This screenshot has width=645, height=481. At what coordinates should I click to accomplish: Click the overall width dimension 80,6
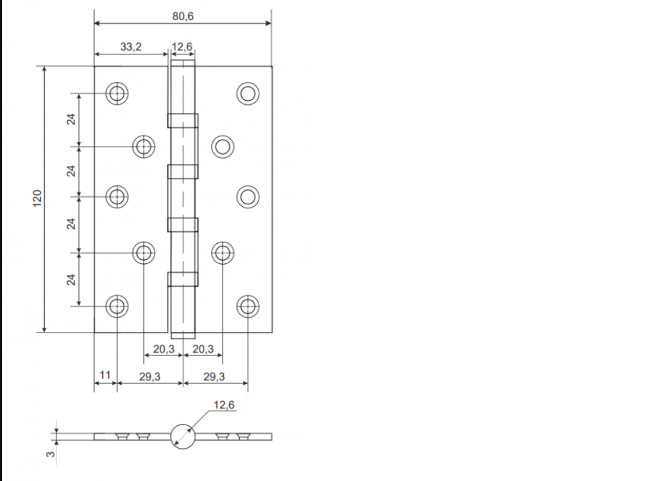[x=182, y=16]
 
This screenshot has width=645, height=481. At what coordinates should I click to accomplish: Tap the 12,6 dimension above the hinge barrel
[x=183, y=47]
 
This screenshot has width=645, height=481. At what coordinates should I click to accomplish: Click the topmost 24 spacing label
[x=71, y=120]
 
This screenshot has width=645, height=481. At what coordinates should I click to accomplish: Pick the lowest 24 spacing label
[x=71, y=279]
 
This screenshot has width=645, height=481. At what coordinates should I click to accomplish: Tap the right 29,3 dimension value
[x=214, y=377]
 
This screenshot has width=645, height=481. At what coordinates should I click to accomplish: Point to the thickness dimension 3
[x=50, y=455]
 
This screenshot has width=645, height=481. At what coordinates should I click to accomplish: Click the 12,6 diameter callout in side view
[x=224, y=404]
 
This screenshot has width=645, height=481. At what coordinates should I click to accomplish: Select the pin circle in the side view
[x=183, y=436]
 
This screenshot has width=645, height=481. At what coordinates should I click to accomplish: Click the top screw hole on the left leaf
[x=118, y=94]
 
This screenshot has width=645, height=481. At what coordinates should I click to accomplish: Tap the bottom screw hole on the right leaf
[x=248, y=306]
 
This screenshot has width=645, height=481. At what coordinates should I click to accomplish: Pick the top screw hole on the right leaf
[x=248, y=94]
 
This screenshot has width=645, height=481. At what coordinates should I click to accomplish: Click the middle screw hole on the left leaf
[x=118, y=196]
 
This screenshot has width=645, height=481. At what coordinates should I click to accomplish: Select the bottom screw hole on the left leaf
[x=118, y=306]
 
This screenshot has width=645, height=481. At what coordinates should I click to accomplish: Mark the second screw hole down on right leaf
[x=222, y=146]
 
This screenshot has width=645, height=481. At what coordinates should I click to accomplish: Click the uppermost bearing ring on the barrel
[x=183, y=120]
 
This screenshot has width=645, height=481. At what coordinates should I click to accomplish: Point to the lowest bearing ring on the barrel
[x=183, y=279]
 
